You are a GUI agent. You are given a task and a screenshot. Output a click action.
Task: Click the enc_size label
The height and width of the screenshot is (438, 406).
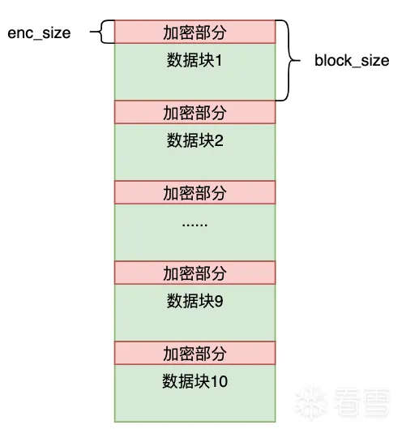click(x=39, y=33)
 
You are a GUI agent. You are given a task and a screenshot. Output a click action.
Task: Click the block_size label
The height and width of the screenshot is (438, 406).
click(x=352, y=60)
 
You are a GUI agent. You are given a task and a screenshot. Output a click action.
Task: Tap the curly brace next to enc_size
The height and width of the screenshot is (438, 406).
click(x=101, y=32)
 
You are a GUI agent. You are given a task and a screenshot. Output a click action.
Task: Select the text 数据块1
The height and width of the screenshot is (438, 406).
click(x=194, y=60)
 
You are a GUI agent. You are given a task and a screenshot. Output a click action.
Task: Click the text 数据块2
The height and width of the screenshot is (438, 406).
click(x=195, y=140)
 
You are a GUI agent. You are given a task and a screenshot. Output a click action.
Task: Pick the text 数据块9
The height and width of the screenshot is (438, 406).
click(x=195, y=301)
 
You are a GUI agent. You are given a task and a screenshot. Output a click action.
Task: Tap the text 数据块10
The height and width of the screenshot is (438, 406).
click(x=195, y=381)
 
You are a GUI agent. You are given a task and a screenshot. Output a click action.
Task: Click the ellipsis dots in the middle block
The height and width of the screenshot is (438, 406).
click(x=194, y=225)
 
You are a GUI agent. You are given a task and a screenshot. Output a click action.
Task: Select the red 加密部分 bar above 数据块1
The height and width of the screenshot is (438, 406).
click(x=194, y=32)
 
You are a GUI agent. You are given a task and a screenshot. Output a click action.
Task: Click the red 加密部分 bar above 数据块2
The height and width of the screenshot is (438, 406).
click(x=194, y=112)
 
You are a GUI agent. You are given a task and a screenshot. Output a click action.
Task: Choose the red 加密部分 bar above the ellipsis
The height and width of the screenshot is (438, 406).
click(x=194, y=192)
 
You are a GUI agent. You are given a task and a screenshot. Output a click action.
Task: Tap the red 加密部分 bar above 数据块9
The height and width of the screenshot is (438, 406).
click(x=194, y=273)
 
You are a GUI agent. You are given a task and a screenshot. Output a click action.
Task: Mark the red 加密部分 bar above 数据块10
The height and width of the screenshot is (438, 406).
click(x=194, y=353)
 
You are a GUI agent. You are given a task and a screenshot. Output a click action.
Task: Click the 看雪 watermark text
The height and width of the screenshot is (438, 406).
click(x=362, y=401)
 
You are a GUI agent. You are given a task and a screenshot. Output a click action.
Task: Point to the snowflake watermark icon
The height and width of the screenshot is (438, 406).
click(x=312, y=402)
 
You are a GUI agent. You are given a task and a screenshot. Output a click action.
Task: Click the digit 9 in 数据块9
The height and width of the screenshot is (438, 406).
click(x=219, y=301)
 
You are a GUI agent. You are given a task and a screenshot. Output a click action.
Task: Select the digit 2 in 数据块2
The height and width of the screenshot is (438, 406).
click(x=219, y=140)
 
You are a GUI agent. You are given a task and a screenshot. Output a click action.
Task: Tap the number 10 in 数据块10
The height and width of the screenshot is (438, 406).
click(x=219, y=381)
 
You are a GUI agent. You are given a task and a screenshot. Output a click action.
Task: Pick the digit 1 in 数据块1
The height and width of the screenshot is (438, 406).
click(x=219, y=60)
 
